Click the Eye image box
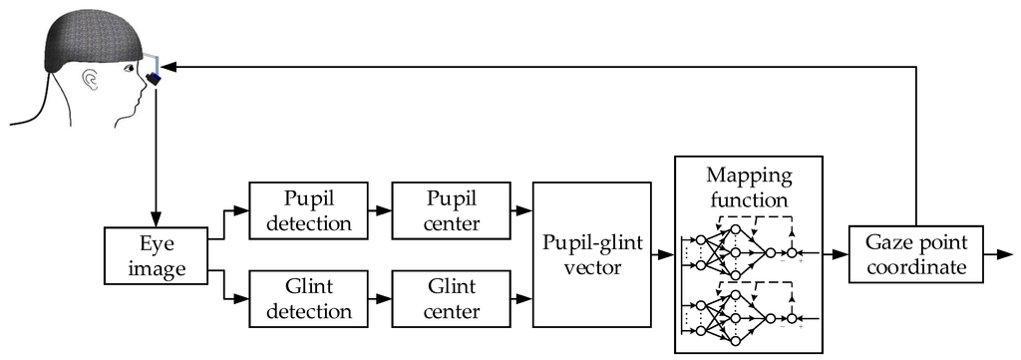coord(155,254)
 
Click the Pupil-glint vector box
coord(592,254)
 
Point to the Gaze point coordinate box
coord(915,254)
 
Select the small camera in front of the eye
coord(154,76)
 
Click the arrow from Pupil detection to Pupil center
coord(378,209)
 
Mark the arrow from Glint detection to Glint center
coord(378,299)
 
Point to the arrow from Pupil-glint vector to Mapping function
coord(662,255)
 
